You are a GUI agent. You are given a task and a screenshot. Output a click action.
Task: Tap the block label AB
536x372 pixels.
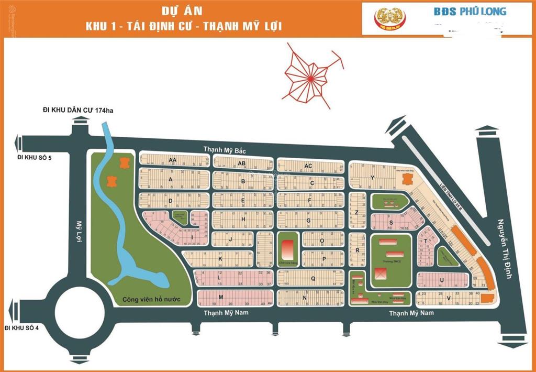(242, 163)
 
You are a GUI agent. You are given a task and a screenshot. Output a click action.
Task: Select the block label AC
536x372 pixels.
(308, 166)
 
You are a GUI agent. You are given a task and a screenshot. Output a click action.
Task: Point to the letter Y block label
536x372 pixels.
(372, 178)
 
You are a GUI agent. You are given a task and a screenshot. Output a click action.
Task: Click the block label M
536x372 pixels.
(221, 297)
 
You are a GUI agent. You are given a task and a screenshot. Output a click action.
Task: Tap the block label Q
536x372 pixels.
(312, 279)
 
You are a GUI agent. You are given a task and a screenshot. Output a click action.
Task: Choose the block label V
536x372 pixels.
(449, 298)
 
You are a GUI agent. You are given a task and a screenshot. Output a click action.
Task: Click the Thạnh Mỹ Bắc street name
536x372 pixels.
(225, 150)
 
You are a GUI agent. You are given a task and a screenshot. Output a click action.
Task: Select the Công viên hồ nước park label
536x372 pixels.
(152, 299)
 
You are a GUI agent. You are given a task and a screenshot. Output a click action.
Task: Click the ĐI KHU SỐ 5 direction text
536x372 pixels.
(35, 157)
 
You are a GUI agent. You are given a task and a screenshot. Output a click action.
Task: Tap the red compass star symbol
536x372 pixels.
(310, 77)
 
